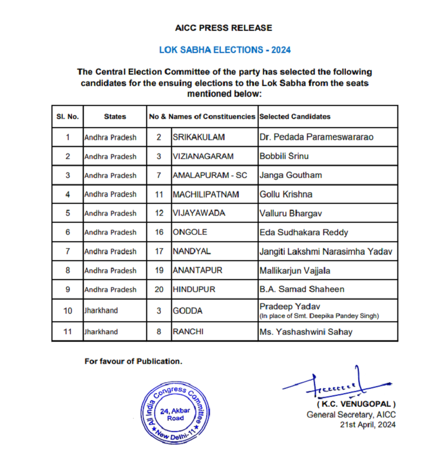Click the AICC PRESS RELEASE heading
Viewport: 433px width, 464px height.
(x=224, y=28)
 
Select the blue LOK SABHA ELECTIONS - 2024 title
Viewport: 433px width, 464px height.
(x=225, y=50)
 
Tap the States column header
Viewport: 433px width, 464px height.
(x=115, y=116)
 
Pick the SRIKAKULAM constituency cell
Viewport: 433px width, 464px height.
(x=198, y=137)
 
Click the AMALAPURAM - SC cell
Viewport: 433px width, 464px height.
(x=209, y=175)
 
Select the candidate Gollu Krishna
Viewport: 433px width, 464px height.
(x=286, y=194)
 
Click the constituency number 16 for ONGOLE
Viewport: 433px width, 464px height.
(x=159, y=232)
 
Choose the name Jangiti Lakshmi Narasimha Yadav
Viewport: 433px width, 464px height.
(x=325, y=251)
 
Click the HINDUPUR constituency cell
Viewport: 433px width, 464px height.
(x=194, y=289)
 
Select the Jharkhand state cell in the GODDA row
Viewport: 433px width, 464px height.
(x=101, y=310)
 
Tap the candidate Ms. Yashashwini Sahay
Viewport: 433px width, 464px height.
(x=306, y=332)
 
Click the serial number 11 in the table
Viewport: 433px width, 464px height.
(x=68, y=332)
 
